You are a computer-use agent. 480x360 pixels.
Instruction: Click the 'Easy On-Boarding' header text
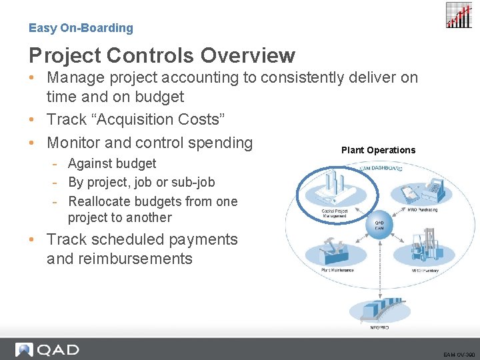pos(81,28)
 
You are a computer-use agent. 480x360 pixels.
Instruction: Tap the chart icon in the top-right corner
pos(459,15)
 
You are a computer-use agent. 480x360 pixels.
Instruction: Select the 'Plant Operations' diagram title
pos(378,150)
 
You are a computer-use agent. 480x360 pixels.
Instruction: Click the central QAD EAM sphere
pos(379,226)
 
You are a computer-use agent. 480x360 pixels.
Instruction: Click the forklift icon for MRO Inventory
pos(421,247)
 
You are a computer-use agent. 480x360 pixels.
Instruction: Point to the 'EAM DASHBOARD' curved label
pos(381,169)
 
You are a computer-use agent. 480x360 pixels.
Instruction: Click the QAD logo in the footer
pos(47,349)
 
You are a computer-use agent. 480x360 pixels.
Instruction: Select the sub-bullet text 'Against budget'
pos(112,163)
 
